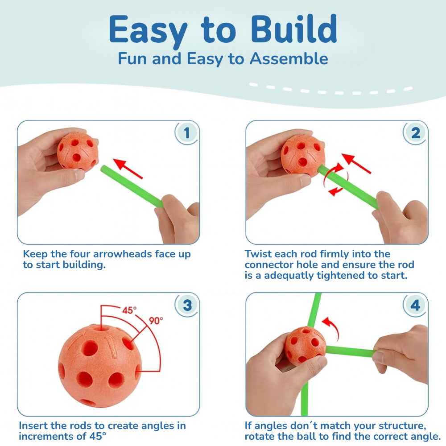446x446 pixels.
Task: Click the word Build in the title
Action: tap(294, 29)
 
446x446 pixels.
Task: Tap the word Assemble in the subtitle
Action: tap(289, 59)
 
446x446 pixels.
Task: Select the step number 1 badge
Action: tap(186, 133)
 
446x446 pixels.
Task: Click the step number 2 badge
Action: tap(415, 133)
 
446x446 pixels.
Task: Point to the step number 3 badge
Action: tap(187, 305)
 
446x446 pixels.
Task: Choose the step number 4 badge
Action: tap(415, 305)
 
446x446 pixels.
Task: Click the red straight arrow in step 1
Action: tap(128, 169)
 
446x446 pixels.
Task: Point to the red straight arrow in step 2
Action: tap(356, 164)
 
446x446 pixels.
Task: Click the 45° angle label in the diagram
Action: tap(129, 310)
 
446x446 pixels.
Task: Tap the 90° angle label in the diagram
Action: tap(156, 321)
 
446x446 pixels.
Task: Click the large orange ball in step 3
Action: tap(100, 366)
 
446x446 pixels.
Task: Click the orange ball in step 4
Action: tap(305, 346)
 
